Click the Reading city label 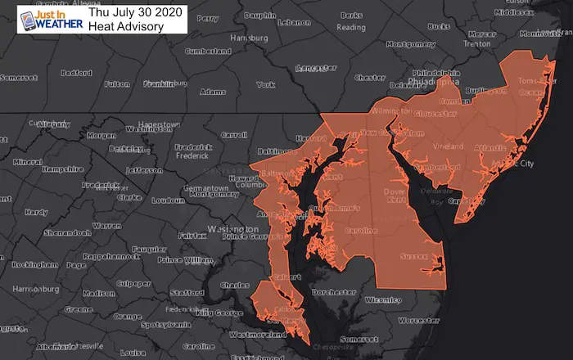coord(351,27)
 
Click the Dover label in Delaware coord(371,193)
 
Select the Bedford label coord(75,72)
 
